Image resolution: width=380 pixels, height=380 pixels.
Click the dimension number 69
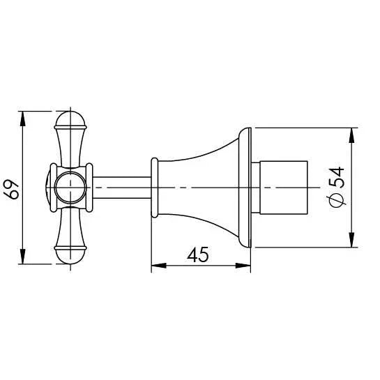point(11,189)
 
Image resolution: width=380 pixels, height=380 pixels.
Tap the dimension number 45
point(198,254)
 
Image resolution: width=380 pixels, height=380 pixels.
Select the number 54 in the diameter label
point(337,177)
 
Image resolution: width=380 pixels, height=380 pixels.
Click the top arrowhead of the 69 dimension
point(22,119)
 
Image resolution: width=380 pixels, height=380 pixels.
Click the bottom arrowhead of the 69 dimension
point(22,257)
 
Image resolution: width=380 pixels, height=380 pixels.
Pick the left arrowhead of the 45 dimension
point(159,266)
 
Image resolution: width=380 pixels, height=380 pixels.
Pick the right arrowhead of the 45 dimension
point(243,266)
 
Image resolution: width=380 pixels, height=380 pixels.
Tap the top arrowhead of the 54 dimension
point(351,135)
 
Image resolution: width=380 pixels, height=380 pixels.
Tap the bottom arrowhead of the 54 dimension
point(351,240)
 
